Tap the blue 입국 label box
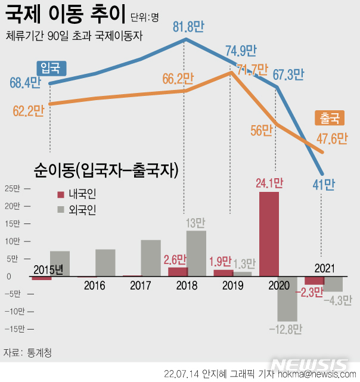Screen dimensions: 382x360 tap(52, 67)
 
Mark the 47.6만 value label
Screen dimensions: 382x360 tap(332, 138)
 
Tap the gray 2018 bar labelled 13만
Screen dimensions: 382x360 tap(197, 253)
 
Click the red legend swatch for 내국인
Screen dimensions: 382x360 tap(60, 194)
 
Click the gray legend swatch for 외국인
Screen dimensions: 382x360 tap(60, 209)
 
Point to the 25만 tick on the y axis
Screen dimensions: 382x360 tap(12, 189)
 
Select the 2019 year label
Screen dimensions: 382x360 tap(232, 285)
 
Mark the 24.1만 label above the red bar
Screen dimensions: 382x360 tap(269, 183)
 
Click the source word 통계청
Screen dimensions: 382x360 tap(39, 352)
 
